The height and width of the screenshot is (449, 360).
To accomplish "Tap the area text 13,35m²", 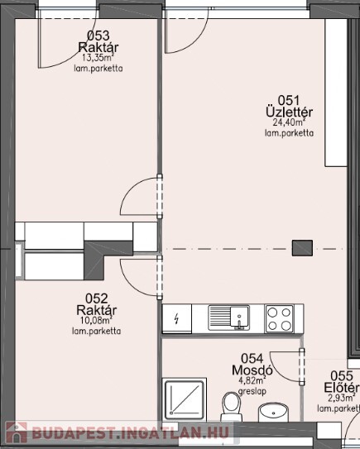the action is click(x=98, y=58).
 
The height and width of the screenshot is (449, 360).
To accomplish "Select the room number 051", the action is click(x=289, y=101).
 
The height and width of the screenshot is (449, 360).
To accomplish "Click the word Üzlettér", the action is click(x=289, y=112).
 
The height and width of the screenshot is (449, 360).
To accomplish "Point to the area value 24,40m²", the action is click(x=289, y=122).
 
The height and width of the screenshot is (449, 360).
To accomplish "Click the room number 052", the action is click(x=97, y=299).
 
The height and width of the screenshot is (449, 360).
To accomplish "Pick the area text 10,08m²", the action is click(x=96, y=320).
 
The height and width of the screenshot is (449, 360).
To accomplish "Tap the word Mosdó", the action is click(x=252, y=370).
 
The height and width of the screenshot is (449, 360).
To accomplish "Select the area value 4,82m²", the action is click(x=252, y=381).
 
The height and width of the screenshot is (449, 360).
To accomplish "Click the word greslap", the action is click(x=252, y=391).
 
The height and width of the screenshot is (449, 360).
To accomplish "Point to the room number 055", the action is click(x=342, y=376).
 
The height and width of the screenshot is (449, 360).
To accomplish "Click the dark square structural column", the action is click(x=302, y=248).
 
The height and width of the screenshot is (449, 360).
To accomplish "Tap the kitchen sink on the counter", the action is click(x=228, y=318).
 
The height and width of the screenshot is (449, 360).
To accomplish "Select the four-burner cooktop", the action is click(x=280, y=318).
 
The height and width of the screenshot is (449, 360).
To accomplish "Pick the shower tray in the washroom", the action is click(x=185, y=399).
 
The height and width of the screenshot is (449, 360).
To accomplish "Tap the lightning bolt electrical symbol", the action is click(x=177, y=318).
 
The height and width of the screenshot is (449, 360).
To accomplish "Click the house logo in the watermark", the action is click(x=17, y=432).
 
